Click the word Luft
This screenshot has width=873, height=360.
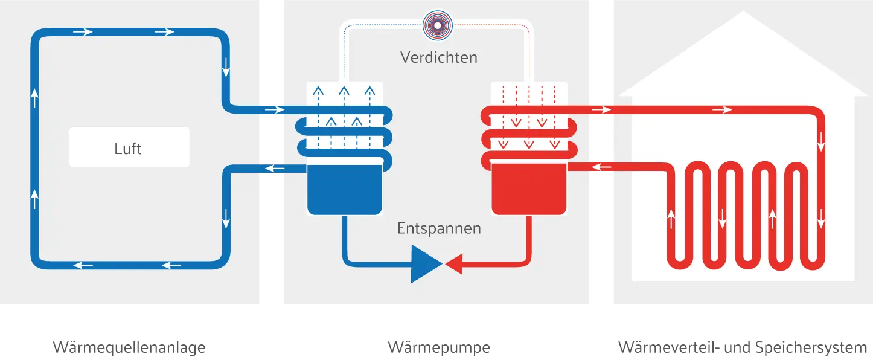pos(128,148)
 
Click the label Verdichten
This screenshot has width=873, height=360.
pos(439,57)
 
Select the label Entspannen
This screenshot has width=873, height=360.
pos(439,228)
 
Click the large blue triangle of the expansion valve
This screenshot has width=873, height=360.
pos(426,263)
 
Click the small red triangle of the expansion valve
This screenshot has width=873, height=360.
pos(453,263)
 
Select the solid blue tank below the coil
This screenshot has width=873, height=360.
pos(345,188)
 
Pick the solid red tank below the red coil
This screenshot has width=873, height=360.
pos(529,188)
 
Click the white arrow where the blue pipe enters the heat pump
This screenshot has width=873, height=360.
pos(274,110)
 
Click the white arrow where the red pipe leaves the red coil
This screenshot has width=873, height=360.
pos(601,110)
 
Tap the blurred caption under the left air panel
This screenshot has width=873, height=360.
pos(129,347)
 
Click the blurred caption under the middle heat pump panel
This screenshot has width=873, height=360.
pos(439,347)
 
